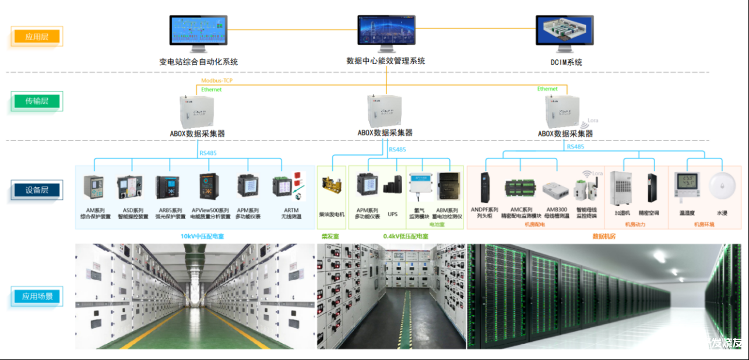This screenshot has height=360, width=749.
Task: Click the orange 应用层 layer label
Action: (x=37, y=37)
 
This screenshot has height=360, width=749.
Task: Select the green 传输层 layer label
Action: (x=37, y=101)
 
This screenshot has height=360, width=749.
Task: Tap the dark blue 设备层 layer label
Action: (x=37, y=190)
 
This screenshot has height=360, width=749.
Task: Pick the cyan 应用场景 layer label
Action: (x=37, y=297)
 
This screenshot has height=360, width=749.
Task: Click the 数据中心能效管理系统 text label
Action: (x=385, y=61)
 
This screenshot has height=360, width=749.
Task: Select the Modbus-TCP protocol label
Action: (x=217, y=80)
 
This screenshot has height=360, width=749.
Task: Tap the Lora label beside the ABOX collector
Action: (x=592, y=121)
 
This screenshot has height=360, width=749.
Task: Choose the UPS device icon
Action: (x=392, y=186)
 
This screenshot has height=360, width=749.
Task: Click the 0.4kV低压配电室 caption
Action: (x=406, y=237)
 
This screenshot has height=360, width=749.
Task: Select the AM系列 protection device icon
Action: (x=94, y=187)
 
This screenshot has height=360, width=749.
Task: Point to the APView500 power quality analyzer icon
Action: (x=208, y=186)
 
